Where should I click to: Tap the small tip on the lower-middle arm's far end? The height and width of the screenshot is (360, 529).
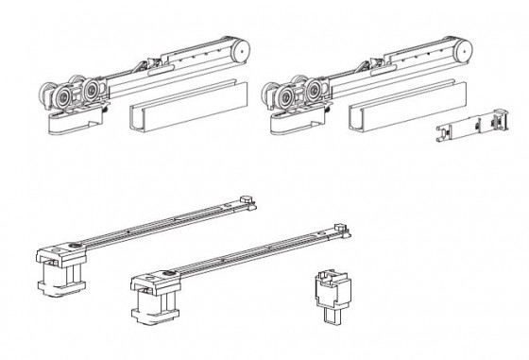pyautogui.click(x=340, y=227)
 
